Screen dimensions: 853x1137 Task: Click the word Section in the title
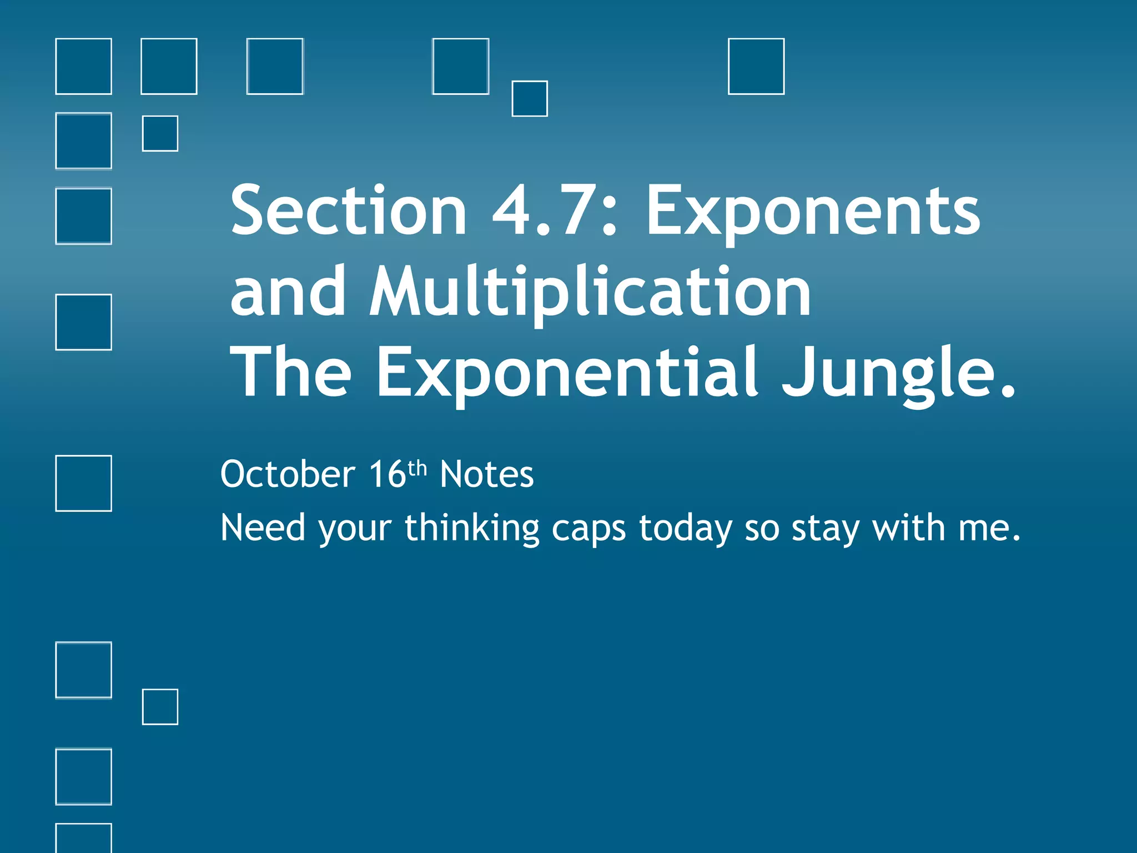coord(349,211)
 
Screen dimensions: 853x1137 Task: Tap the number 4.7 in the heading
coord(547,211)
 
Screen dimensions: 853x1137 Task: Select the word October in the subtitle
coord(288,474)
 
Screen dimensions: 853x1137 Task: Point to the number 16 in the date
coord(388,474)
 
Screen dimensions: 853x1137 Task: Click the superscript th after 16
coord(417,468)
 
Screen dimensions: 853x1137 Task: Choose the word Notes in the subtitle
coord(486,474)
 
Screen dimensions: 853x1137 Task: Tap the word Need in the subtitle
coord(263,527)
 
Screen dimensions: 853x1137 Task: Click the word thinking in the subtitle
coord(472,527)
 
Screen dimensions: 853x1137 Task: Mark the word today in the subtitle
coord(685,528)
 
